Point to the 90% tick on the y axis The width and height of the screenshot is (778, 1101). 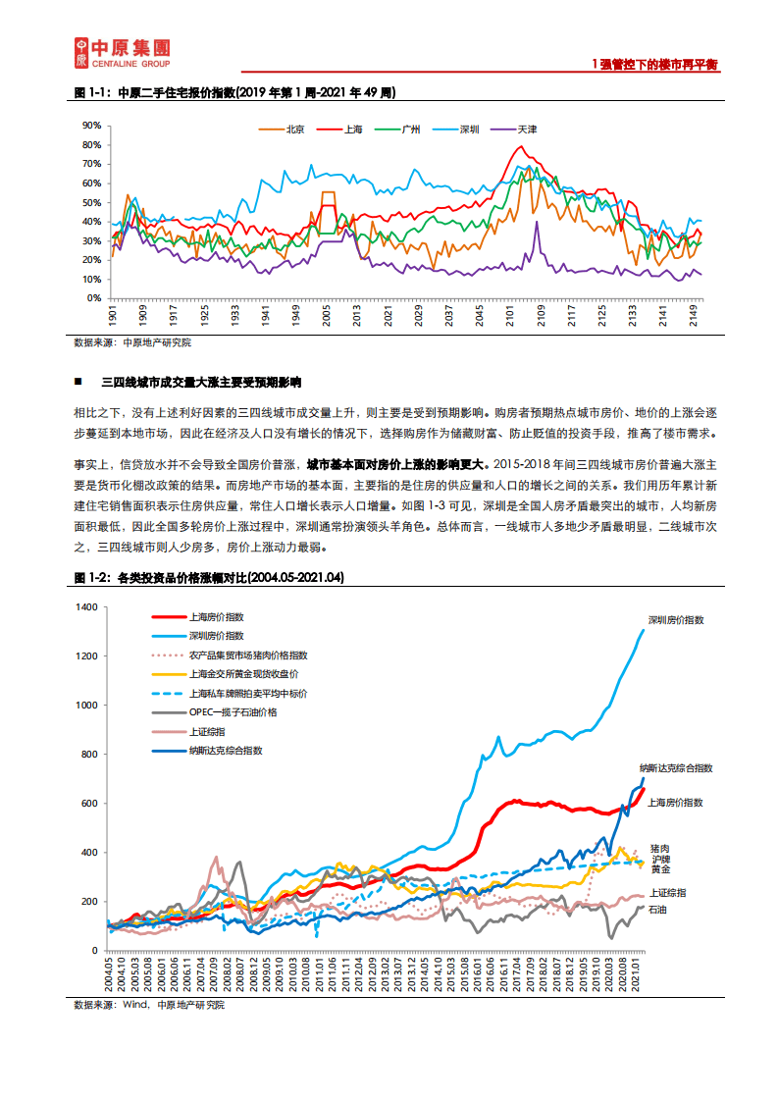tap(91, 126)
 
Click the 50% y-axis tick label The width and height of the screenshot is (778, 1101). tap(91, 202)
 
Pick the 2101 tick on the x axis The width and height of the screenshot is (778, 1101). tap(511, 317)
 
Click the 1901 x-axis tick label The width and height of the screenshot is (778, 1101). tap(114, 317)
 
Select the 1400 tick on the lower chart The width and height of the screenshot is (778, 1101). tap(86, 607)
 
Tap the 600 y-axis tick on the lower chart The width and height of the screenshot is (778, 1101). tap(90, 804)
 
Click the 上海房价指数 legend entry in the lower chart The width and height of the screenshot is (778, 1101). tap(216, 617)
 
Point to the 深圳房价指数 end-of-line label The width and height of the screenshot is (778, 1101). tap(676, 620)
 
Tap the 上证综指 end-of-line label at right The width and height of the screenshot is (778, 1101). tap(668, 893)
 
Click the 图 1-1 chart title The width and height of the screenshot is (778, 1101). tap(235, 92)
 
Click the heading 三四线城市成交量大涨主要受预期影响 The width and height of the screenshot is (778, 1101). tap(201, 381)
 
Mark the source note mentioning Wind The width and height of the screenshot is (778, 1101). tap(149, 1005)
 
